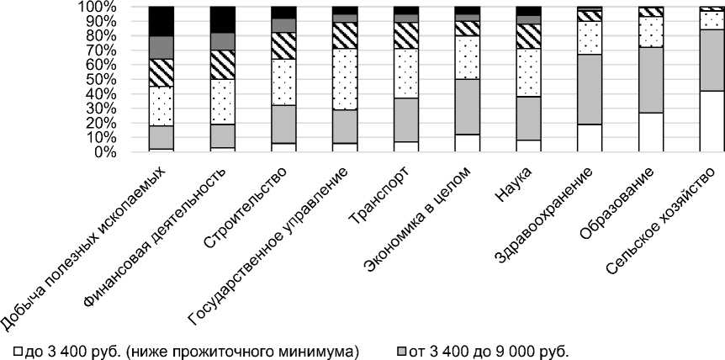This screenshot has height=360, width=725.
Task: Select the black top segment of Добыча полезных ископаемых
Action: click(161, 21)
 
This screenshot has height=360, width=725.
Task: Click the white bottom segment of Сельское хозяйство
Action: click(712, 121)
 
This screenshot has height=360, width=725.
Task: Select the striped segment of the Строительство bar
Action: click(283, 45)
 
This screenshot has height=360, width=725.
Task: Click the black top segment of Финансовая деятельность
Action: click(222, 19)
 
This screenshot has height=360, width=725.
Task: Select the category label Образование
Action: click(627, 199)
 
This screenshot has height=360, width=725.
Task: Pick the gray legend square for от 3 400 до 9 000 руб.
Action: click(401, 348)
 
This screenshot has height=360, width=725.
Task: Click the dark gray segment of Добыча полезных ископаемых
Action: click(161, 47)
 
